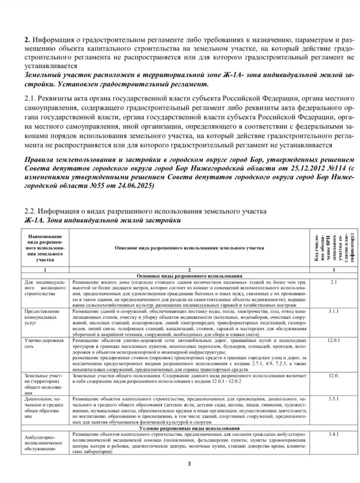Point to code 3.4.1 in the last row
click(333, 434)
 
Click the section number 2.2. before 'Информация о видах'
click(31, 210)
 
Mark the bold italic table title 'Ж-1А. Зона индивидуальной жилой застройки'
click(101, 219)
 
